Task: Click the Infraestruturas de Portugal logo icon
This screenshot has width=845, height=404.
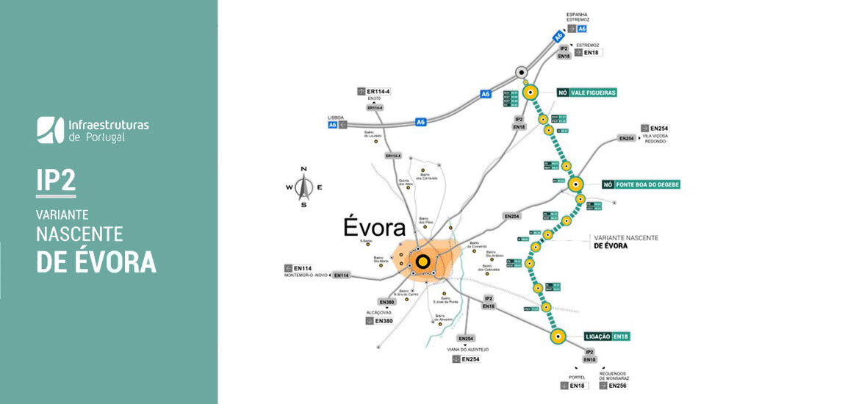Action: (50, 129)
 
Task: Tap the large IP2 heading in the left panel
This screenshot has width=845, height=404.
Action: (56, 181)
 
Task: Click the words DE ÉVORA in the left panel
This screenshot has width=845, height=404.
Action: (96, 261)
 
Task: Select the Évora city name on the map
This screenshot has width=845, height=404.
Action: (375, 228)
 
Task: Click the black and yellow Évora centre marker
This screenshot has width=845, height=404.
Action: (422, 261)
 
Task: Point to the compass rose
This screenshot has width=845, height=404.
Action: (303, 187)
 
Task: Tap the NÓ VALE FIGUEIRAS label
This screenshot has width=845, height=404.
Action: (586, 93)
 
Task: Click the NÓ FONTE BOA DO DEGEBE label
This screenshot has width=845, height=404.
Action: (641, 184)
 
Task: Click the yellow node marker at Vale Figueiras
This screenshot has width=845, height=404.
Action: (531, 93)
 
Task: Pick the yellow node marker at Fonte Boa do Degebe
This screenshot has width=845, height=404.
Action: (575, 184)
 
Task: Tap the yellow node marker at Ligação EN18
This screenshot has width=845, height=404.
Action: (558, 337)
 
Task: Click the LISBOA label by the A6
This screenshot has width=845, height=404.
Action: (335, 118)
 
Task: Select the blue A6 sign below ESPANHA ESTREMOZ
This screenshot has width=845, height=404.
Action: (582, 29)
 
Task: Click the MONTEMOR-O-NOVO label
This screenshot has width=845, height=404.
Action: (305, 275)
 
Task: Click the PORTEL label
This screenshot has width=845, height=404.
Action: (576, 378)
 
